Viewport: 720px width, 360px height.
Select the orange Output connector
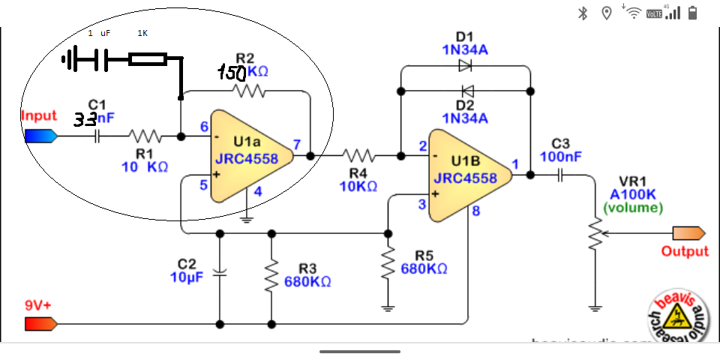click(x=689, y=232)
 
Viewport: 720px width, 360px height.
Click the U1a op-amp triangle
click(x=244, y=156)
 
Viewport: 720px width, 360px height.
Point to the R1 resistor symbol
click(x=145, y=136)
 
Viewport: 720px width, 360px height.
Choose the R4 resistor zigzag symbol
click(x=358, y=156)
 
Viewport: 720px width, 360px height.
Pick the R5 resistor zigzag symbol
click(x=388, y=262)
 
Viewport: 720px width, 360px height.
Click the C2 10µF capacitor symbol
click(x=220, y=272)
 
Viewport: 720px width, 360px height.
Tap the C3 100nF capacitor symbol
click(x=561, y=175)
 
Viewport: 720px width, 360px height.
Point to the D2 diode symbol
click(x=466, y=91)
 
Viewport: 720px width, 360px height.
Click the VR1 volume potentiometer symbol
click(x=595, y=235)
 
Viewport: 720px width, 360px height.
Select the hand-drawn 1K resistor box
click(x=147, y=59)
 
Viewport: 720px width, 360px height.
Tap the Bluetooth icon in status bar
click(x=583, y=13)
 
